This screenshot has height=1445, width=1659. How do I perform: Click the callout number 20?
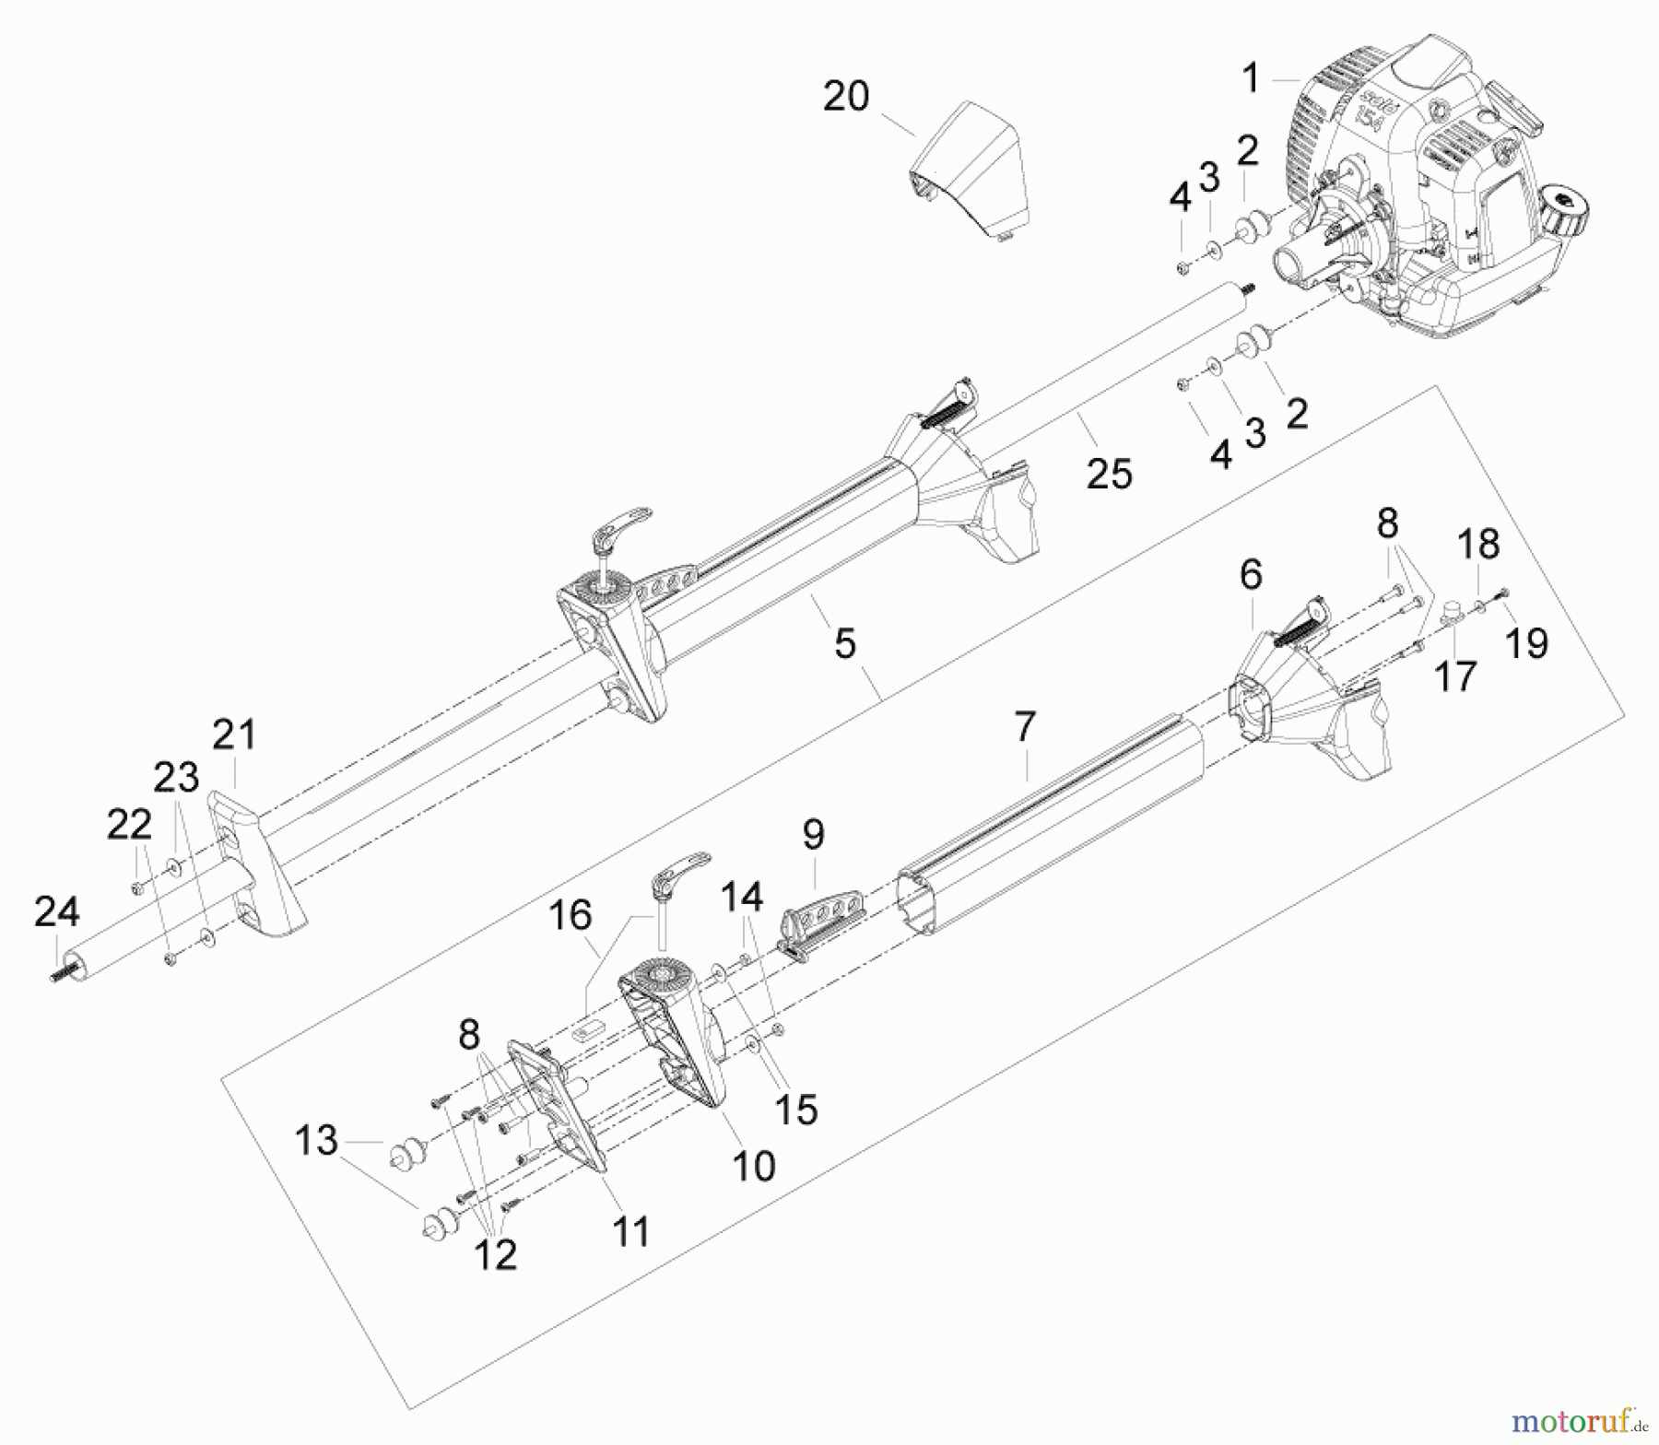[845, 96]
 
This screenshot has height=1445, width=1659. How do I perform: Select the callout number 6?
[1250, 575]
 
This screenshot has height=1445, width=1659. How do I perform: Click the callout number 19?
[1525, 642]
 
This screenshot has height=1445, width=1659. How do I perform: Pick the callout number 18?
[1478, 545]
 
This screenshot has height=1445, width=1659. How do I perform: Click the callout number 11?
[631, 1231]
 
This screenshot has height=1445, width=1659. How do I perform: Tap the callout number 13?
[316, 1141]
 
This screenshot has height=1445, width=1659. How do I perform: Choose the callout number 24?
[57, 912]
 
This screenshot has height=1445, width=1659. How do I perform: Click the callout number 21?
[234, 735]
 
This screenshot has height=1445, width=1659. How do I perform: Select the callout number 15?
[796, 1110]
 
